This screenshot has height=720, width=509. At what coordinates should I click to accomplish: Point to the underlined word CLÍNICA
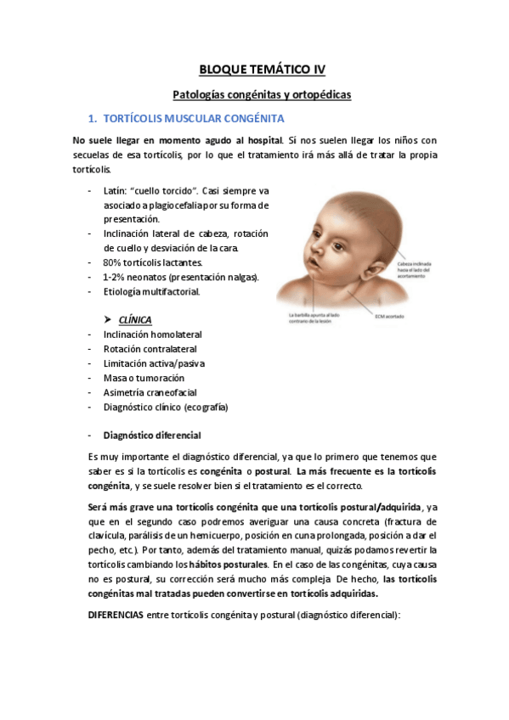click(136, 320)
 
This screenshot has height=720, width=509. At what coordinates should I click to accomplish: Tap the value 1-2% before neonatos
click(116, 277)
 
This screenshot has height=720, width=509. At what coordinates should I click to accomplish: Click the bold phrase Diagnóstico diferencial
click(152, 435)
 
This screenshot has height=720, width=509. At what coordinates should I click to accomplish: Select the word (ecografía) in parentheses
click(205, 407)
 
